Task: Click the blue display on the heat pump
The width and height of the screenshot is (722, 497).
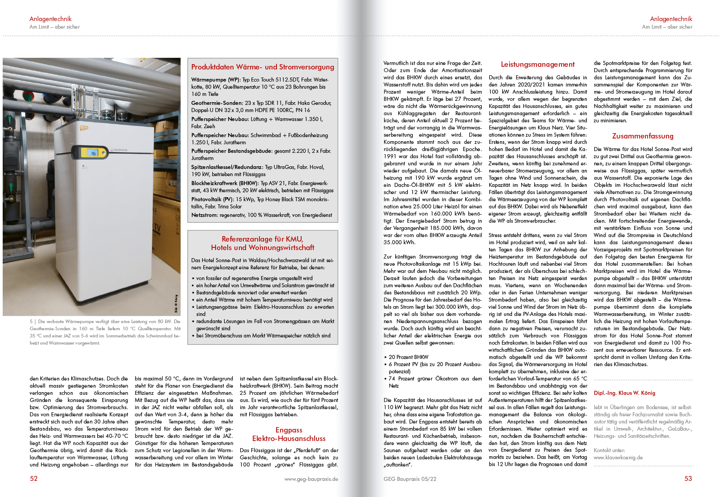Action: pos(93,152)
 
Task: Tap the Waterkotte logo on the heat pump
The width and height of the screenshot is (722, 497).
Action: pos(119,150)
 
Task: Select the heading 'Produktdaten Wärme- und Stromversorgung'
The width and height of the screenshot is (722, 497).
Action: pos(263,67)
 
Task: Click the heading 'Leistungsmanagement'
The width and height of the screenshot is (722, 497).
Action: pos(538,65)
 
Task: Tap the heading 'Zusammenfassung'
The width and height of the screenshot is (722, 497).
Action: pos(643,136)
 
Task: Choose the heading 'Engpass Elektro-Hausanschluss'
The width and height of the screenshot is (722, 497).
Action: pos(289,434)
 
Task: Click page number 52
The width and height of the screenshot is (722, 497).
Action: pos(34,479)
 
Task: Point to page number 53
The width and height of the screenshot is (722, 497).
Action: pos(688,479)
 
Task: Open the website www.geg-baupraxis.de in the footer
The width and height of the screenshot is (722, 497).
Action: pos(311,479)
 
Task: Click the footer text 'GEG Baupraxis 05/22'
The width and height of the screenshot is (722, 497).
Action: pos(410,479)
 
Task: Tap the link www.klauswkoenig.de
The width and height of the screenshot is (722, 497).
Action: pos(618,458)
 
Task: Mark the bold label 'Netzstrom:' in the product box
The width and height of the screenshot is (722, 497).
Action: pos(204,215)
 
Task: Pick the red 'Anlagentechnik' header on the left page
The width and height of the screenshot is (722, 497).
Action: pos(50,19)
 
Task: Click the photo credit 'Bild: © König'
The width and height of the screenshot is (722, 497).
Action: pos(177,303)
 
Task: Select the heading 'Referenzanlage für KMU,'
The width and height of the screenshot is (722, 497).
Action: pos(263,239)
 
